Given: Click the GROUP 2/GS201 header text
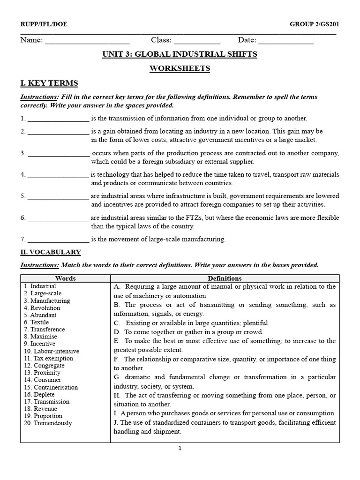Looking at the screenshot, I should point(314,24).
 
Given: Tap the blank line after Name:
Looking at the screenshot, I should point(87,41).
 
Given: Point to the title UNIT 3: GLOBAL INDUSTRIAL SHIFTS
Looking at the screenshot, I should point(180,54).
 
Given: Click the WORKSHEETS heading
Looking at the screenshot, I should point(180,69).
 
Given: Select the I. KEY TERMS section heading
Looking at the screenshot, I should point(49,83).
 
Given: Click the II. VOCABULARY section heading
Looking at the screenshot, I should point(50,252).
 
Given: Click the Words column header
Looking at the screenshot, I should point(65,278).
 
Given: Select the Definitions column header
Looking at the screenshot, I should point(225,278).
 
